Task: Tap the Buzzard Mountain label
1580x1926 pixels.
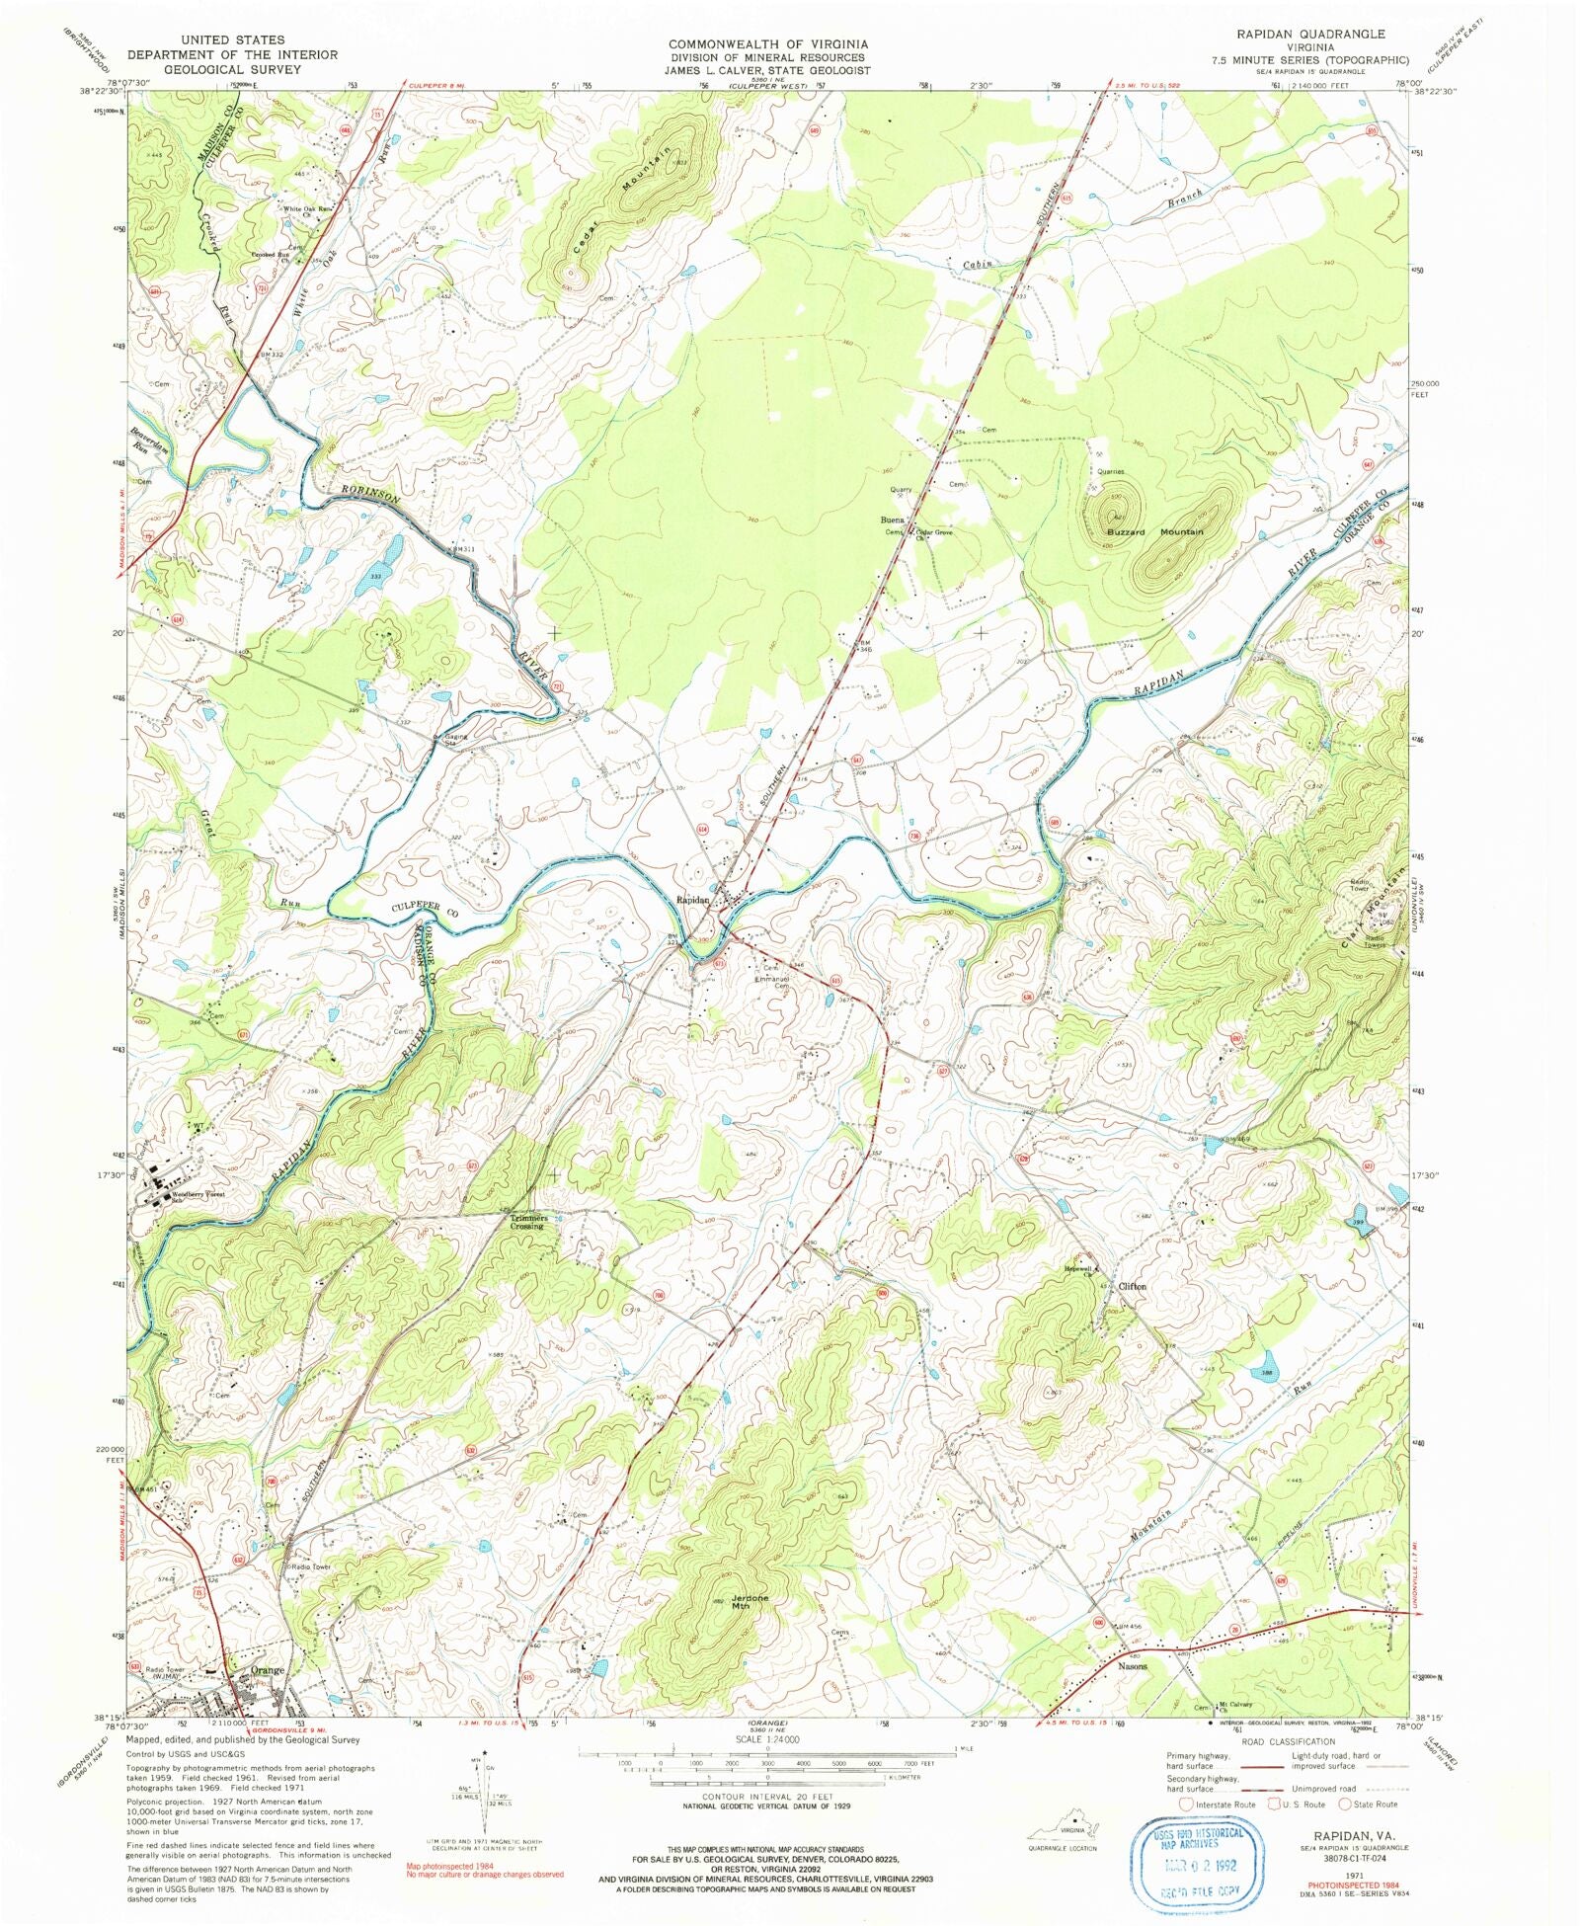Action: [x=1154, y=531]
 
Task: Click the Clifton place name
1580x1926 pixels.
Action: [x=1132, y=1286]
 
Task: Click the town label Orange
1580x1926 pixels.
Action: [x=268, y=1669]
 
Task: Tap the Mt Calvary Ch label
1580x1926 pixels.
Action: [x=1234, y=1706]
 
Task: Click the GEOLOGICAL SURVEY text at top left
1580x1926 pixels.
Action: [x=232, y=70]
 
